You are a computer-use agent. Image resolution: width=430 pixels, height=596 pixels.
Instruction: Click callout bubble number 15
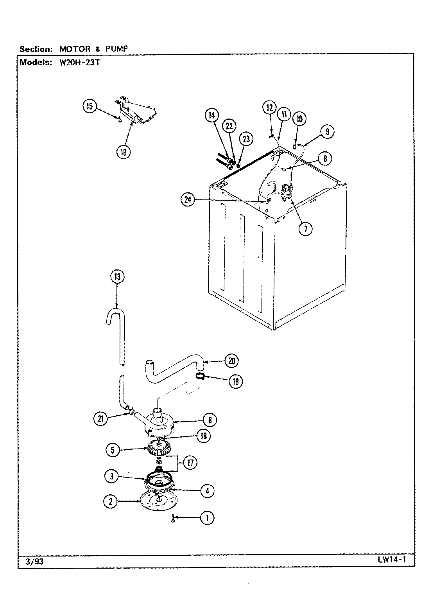pyautogui.click(x=90, y=107)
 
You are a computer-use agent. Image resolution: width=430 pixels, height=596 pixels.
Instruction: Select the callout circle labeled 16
pyautogui.click(x=123, y=152)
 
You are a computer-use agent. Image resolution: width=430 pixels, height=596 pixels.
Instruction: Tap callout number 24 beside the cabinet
pyautogui.click(x=188, y=200)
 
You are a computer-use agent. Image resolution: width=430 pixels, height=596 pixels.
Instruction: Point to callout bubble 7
pyautogui.click(x=305, y=228)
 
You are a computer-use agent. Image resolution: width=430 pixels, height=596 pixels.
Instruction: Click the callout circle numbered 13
pyautogui.click(x=116, y=277)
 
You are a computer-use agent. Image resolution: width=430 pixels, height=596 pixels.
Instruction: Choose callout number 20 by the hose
pyautogui.click(x=232, y=361)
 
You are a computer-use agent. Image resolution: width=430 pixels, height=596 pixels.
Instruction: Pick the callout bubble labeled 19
pyautogui.click(x=235, y=381)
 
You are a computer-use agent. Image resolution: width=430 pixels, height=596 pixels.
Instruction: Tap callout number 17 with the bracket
pyautogui.click(x=190, y=463)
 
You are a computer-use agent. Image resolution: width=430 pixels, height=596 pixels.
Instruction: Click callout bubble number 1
pyautogui.click(x=207, y=518)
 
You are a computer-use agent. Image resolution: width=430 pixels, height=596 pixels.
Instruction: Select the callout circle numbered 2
pyautogui.click(x=111, y=502)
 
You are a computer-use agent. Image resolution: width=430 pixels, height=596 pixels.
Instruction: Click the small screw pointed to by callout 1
pyautogui.click(x=172, y=519)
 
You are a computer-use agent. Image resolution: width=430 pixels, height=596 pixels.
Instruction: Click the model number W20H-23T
pyautogui.click(x=80, y=62)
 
